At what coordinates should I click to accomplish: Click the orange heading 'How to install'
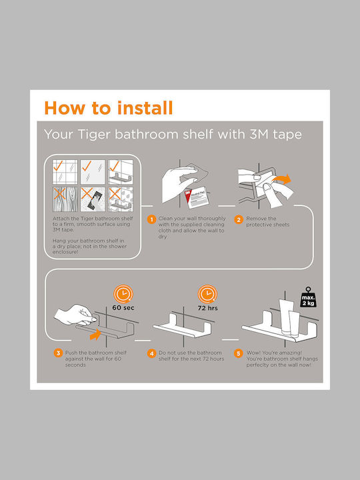coord(109,108)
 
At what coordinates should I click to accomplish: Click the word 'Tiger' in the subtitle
coord(94,135)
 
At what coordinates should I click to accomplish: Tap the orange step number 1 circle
coord(151,219)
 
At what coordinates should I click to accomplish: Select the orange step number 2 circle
coord(239,219)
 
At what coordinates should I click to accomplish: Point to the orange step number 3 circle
coord(58,353)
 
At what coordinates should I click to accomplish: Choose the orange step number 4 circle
coord(151,353)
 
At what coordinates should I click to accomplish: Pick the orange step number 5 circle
coord(239,353)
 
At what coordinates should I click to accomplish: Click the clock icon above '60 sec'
coord(123,294)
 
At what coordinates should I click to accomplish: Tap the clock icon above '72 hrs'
coord(207,294)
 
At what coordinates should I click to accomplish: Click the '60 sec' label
coord(123,307)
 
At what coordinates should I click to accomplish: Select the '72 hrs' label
coord(207,308)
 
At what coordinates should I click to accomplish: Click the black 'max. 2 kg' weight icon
coord(308,297)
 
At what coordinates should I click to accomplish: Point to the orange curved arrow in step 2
coord(281,179)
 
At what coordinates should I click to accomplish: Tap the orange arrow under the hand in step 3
coord(95,334)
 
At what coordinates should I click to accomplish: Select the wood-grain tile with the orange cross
coord(65,199)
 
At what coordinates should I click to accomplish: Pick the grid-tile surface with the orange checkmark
coord(65,172)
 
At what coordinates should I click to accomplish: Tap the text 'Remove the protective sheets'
coord(267,221)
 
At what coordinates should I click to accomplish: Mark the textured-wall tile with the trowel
coord(93,199)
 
